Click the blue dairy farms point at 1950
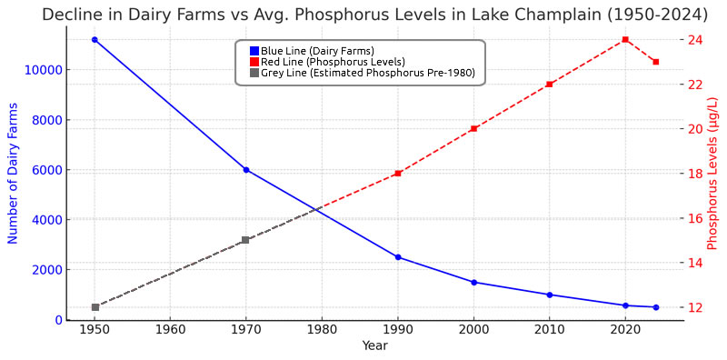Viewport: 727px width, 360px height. point(95,40)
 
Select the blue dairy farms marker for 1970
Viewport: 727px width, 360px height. point(246,170)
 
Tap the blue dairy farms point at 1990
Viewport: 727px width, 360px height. point(398,257)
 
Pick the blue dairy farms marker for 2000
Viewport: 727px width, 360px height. point(473,282)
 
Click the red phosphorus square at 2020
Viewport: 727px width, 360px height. point(625,40)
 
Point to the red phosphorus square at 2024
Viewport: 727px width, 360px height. point(655,62)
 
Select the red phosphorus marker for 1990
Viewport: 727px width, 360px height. point(398,174)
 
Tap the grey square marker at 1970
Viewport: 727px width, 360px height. point(245,240)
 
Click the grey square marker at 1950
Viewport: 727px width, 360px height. point(95,307)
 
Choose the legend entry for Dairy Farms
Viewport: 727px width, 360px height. point(312,51)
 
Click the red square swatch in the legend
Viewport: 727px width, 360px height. point(254,62)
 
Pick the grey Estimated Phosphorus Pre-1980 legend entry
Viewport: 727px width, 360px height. point(362,73)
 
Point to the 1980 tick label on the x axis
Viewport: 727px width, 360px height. point(322,333)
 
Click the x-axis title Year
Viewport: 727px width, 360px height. point(374,345)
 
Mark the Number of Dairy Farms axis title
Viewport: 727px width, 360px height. point(13,173)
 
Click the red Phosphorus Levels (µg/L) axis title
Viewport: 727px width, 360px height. point(713,173)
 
